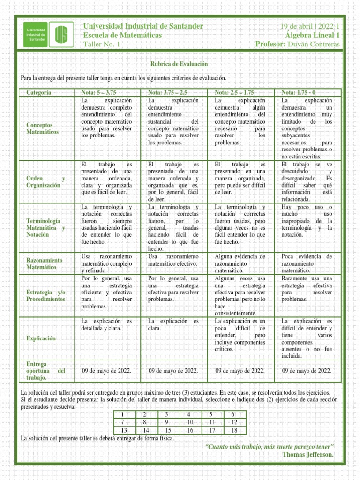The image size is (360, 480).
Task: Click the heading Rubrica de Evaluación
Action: click(180, 63)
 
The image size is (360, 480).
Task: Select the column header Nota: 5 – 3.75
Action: click(98, 92)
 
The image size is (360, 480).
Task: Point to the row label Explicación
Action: click(41, 338)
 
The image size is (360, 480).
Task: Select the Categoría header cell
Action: click(39, 92)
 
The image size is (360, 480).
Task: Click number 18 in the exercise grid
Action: click(233, 430)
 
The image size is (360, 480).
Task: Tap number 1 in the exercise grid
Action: click(122, 414)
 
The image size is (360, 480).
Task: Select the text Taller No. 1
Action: click(102, 44)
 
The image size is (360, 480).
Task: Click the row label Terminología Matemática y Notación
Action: click(45, 227)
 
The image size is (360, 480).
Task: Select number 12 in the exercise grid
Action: click(233, 422)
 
